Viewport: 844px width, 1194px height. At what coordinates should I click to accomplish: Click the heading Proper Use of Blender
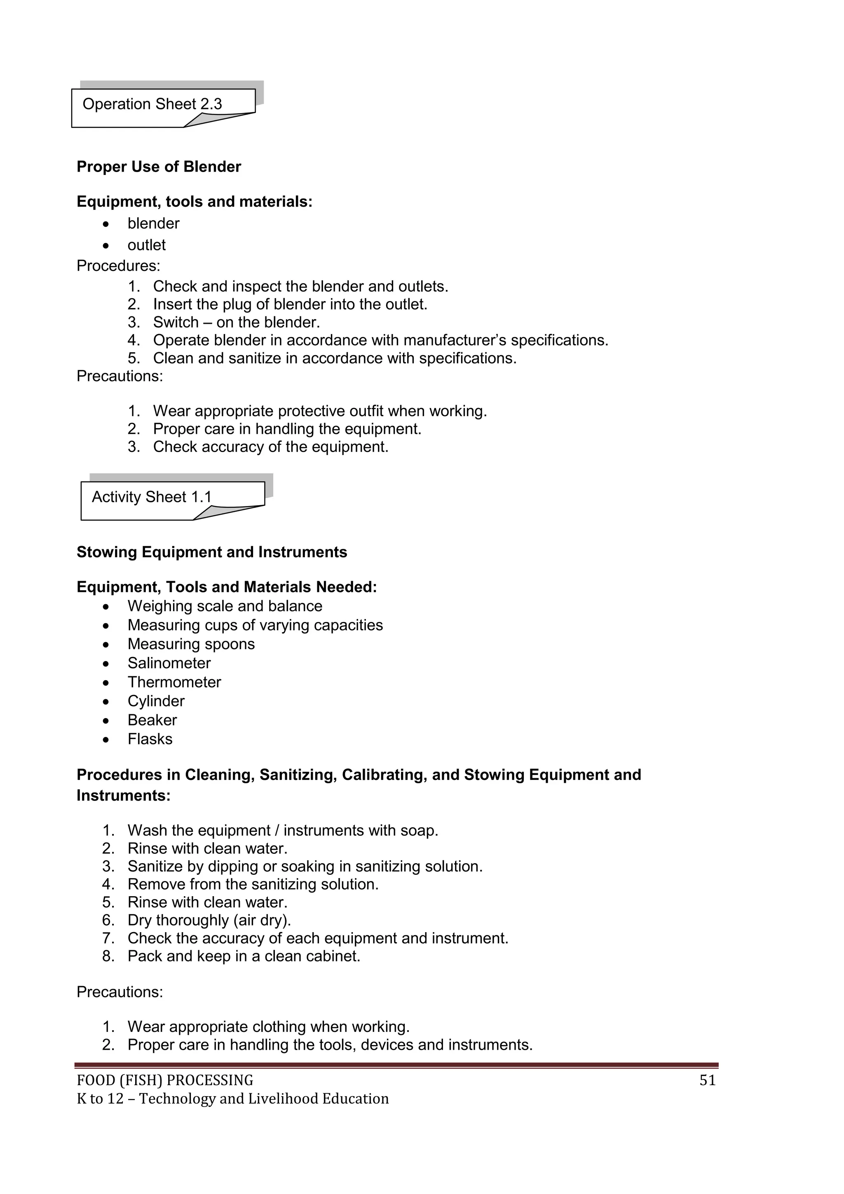pyautogui.click(x=159, y=167)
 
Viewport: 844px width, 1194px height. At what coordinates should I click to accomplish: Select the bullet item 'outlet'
pyautogui.click(x=147, y=245)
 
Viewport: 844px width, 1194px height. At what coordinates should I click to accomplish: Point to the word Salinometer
pyautogui.click(x=169, y=663)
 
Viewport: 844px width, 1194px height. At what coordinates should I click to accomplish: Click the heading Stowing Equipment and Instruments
pyautogui.click(x=211, y=552)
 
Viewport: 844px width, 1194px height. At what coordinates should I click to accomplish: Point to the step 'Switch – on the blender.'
pyautogui.click(x=237, y=323)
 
